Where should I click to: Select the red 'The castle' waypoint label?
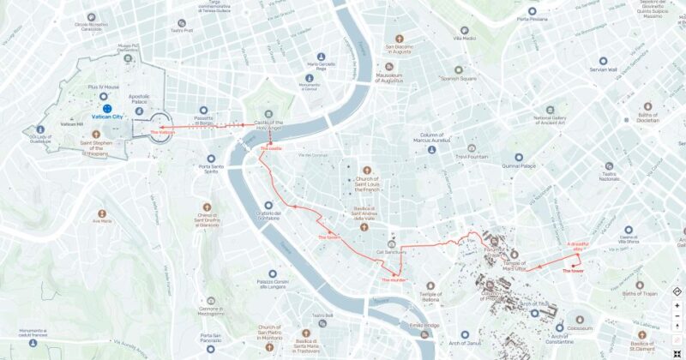(x=270, y=148)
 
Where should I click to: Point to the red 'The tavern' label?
(x=328, y=237)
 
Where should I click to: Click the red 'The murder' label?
(x=394, y=279)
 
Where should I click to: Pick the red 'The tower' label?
(x=573, y=271)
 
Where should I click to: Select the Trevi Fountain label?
(x=471, y=157)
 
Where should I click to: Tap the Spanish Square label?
(x=458, y=79)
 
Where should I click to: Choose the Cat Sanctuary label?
(x=390, y=253)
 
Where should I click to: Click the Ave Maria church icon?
(x=101, y=211)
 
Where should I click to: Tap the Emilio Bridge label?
(x=424, y=325)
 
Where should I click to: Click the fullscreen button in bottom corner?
(x=677, y=352)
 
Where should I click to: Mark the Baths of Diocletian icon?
(x=647, y=107)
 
